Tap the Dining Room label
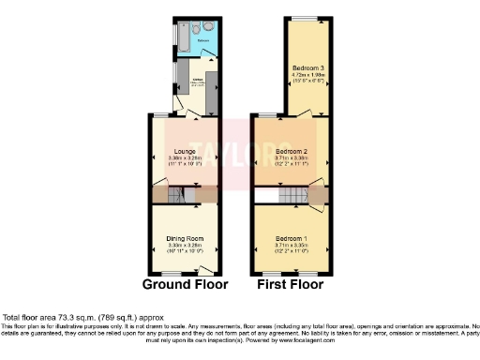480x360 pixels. (x=186, y=238)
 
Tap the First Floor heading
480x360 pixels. (x=287, y=284)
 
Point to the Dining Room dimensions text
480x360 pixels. (x=186, y=247)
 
